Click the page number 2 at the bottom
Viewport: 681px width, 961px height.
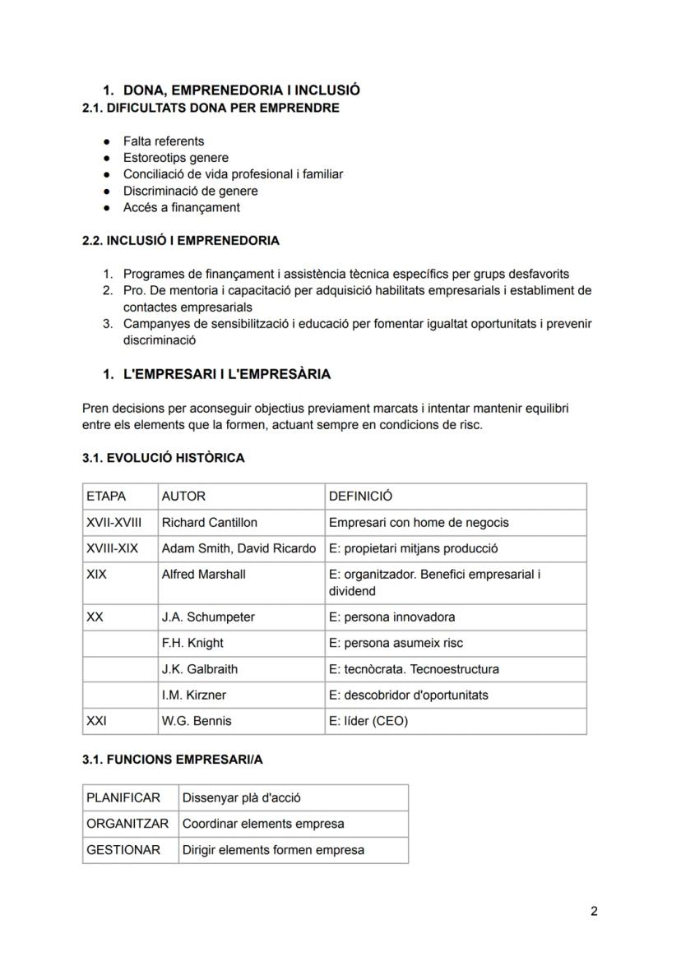point(594,911)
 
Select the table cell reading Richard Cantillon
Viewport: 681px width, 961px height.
point(209,523)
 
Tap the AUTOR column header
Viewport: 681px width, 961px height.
point(183,497)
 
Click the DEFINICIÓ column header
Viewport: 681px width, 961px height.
point(360,497)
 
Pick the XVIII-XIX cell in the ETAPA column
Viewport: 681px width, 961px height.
point(112,549)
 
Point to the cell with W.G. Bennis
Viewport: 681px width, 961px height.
point(197,721)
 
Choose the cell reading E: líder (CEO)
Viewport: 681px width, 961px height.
point(368,721)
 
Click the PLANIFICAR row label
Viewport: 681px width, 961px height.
point(123,798)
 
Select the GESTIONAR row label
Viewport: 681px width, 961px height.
point(123,850)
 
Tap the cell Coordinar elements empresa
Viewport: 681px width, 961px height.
point(263,824)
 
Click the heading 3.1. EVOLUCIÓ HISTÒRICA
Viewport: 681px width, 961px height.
point(163,458)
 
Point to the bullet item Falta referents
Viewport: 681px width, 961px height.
point(164,141)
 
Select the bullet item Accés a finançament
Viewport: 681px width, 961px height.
point(182,208)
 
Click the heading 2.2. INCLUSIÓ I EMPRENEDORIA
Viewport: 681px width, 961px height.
point(180,241)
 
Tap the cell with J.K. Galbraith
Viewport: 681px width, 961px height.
point(200,669)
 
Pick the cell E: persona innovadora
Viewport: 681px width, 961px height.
point(391,617)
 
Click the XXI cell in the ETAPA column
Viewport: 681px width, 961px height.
point(96,721)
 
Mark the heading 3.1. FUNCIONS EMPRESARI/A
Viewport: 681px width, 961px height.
point(172,760)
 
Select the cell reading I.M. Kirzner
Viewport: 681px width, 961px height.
point(193,695)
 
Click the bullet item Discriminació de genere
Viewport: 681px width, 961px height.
point(191,192)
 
